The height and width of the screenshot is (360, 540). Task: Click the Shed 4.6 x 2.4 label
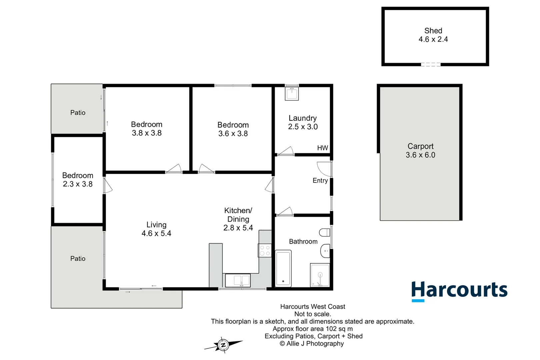point(433,35)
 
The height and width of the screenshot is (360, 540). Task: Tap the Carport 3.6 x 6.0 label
point(420,151)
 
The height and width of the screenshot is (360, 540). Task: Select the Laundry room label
point(303,122)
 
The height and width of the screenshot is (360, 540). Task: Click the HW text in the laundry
point(322,148)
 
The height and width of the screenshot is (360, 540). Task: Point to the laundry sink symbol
point(292,93)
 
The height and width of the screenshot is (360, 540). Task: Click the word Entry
point(320,181)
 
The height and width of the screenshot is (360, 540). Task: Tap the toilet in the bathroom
point(325,232)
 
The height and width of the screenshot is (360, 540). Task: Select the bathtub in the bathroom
point(283,269)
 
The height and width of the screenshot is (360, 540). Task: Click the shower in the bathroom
point(320,275)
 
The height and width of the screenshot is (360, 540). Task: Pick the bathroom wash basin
point(325,251)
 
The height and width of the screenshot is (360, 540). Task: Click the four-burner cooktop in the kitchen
point(265,251)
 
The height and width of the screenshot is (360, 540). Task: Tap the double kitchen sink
point(238,280)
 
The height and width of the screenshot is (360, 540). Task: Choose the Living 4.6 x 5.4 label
point(156,229)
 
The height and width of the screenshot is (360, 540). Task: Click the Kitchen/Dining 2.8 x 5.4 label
point(238,219)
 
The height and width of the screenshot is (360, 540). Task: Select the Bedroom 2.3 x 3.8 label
point(78,180)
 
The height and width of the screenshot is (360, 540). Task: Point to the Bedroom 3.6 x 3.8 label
point(233,129)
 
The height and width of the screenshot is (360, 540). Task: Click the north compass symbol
point(223,345)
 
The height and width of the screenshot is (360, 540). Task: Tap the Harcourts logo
point(459,291)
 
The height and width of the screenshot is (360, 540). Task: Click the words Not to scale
point(312,314)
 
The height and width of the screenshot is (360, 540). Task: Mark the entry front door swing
point(324,169)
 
